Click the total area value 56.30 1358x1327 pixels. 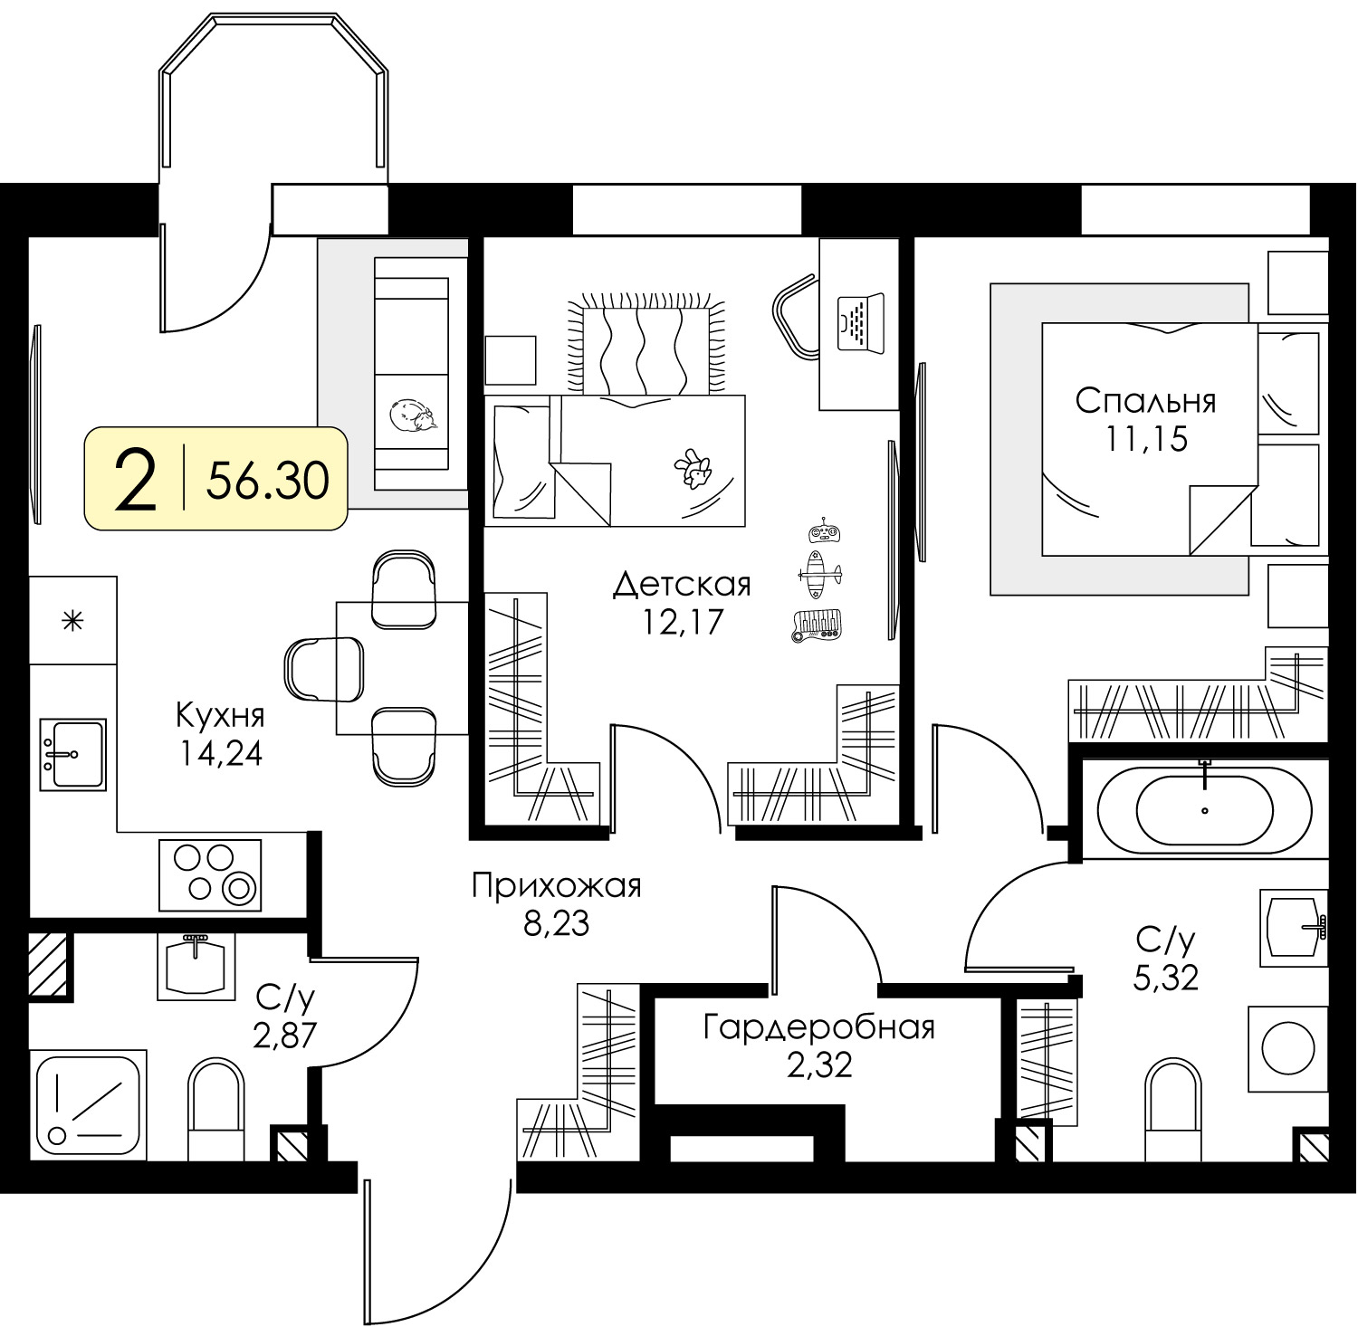point(268,480)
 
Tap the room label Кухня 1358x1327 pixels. point(220,715)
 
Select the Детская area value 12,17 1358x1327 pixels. point(683,622)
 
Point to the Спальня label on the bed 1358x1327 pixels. point(1145,400)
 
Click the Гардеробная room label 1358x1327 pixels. point(819,1027)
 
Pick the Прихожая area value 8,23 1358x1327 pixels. point(556,923)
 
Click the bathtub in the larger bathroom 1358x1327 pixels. point(1204,810)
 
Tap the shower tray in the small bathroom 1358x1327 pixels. point(88,1103)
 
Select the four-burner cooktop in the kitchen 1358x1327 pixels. point(210,874)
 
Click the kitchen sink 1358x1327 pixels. point(72,754)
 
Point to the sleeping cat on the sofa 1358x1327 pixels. point(413,416)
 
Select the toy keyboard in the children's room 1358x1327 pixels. point(818,625)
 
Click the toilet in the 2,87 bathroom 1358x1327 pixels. point(216,1109)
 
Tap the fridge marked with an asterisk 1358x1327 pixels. point(73,620)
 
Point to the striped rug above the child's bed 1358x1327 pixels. point(644,345)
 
